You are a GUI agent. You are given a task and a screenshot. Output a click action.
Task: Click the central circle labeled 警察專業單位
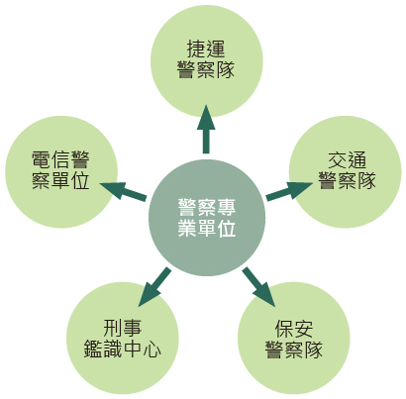(x=207, y=218)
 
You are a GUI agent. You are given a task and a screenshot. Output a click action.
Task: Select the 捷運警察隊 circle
(x=207, y=61)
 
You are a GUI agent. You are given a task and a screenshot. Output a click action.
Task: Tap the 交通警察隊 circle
(x=346, y=171)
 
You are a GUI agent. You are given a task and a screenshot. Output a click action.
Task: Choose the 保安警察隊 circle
(x=294, y=338)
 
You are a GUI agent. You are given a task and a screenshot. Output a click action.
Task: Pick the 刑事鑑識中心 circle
(x=123, y=338)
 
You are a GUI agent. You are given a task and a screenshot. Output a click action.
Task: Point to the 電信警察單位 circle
(x=61, y=171)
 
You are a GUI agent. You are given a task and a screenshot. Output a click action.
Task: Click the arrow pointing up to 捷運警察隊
(x=206, y=130)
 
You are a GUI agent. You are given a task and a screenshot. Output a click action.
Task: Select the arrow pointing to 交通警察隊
(x=289, y=191)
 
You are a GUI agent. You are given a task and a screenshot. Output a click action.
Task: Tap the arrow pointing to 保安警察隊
(x=258, y=287)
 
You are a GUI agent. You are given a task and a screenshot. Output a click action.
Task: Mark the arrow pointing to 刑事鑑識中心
(x=154, y=287)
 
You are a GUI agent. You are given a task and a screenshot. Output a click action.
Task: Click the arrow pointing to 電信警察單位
(x=123, y=191)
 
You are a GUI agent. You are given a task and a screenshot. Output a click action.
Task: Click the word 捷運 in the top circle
(x=206, y=50)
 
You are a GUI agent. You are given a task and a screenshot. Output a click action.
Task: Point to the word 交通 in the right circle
(x=348, y=160)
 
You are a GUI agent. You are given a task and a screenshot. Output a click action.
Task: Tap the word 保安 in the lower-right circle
(x=294, y=329)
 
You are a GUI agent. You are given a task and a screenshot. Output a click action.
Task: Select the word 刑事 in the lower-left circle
(x=123, y=328)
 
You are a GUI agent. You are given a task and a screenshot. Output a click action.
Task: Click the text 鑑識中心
(x=123, y=349)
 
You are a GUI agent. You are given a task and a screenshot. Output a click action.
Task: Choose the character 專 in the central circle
(x=227, y=207)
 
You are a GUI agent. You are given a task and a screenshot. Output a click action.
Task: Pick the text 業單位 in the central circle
(x=207, y=228)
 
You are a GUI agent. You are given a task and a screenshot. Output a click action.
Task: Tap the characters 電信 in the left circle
(x=51, y=159)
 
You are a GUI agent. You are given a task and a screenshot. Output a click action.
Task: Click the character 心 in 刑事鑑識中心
(x=152, y=349)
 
